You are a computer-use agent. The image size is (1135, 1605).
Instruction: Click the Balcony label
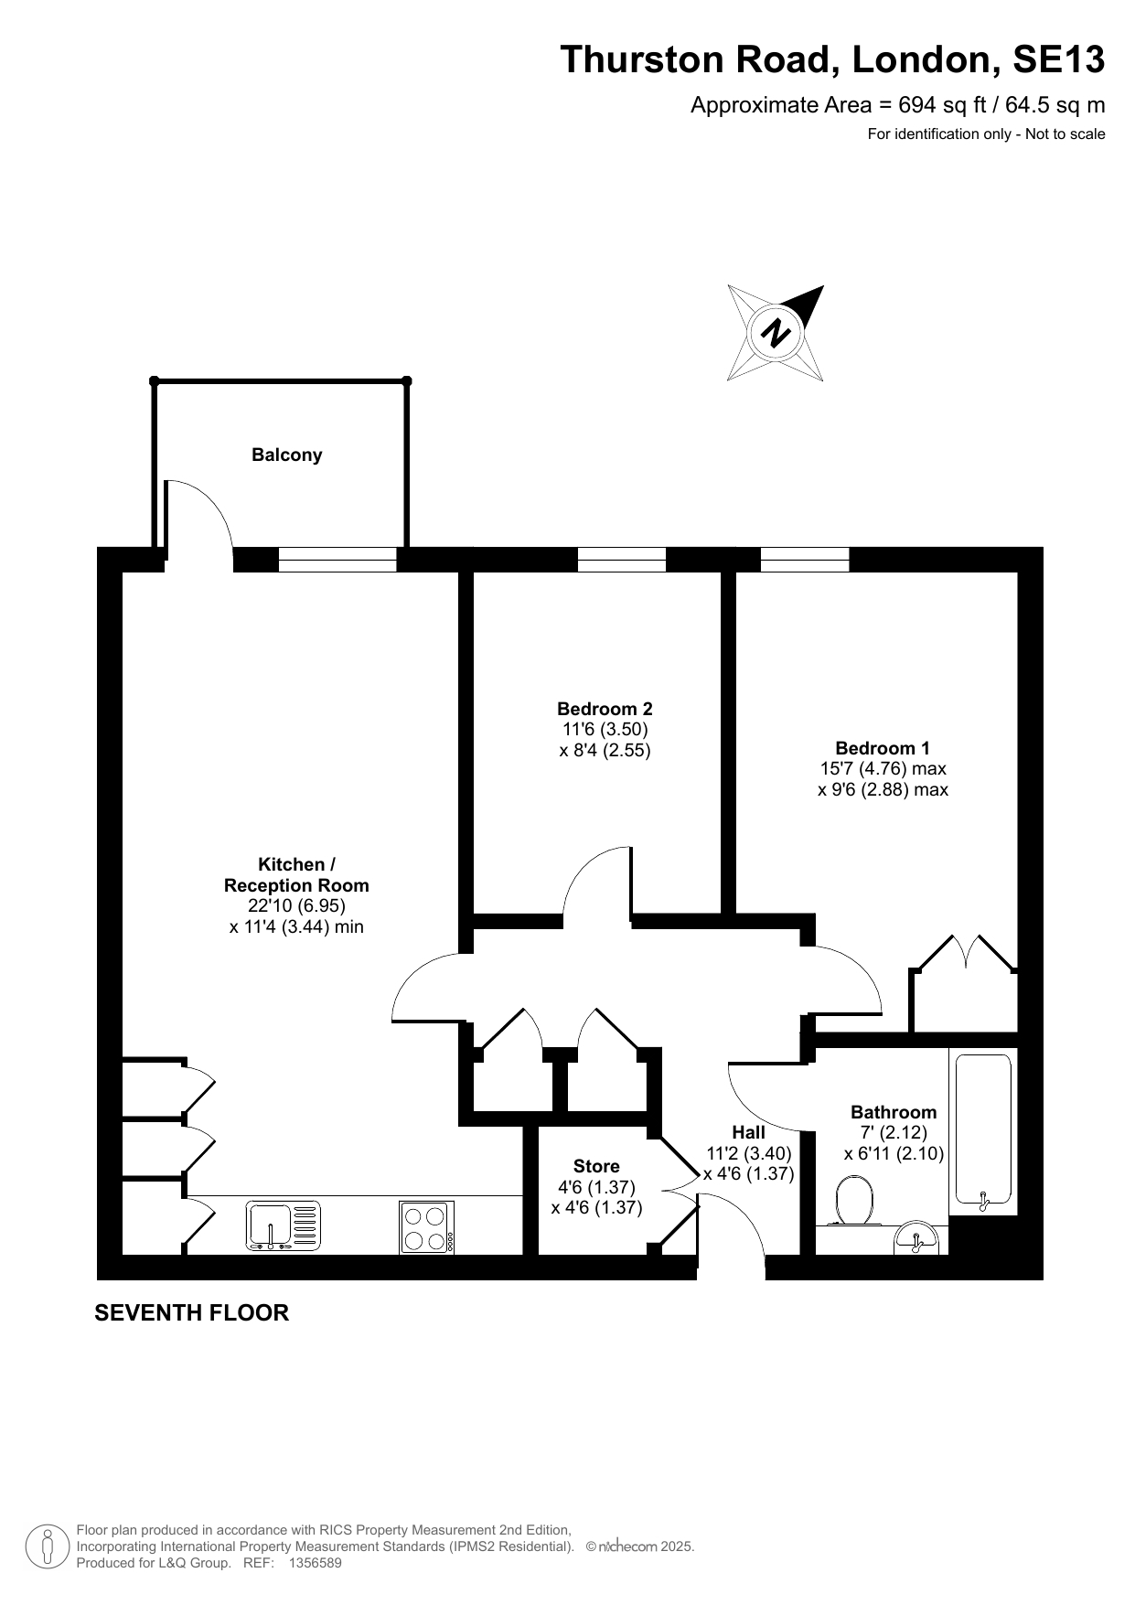286,455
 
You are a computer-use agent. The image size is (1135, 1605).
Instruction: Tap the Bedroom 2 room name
605,709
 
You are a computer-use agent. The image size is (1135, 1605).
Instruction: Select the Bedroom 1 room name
883,748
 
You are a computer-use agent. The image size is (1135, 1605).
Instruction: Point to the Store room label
596,1166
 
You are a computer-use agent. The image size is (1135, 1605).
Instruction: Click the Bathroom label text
894,1112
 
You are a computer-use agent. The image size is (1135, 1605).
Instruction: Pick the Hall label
748,1132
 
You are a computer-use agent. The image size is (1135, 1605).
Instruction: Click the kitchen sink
284,1225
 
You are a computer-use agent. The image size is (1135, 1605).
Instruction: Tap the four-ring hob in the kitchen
426,1226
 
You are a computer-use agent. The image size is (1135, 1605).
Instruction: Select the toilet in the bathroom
854,1200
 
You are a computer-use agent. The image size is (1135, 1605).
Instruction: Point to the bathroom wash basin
915,1238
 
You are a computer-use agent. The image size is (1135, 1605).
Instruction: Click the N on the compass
776,332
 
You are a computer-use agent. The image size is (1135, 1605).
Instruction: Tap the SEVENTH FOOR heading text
192,1312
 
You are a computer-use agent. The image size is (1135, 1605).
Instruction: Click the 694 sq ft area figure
942,105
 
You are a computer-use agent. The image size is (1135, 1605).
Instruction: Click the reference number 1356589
315,1563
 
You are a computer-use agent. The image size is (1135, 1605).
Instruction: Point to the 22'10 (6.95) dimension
296,905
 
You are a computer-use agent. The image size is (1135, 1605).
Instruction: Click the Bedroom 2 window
622,559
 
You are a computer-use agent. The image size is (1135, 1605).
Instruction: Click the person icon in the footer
47,1546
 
